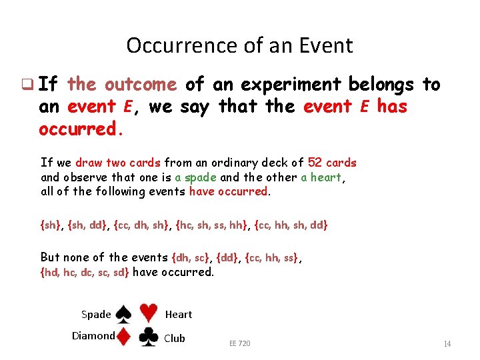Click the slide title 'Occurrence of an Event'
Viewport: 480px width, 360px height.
click(x=239, y=45)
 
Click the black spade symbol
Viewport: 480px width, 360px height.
click(x=123, y=314)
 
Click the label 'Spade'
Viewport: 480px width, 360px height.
click(x=96, y=315)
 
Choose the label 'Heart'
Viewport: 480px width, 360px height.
click(x=178, y=315)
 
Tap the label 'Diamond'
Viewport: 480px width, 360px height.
click(x=93, y=336)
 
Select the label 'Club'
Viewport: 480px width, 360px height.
click(x=175, y=339)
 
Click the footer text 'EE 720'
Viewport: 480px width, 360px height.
click(x=240, y=343)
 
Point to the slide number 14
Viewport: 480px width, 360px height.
click(x=447, y=344)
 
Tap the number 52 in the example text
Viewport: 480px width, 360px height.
click(x=315, y=163)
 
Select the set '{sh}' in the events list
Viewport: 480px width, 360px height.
click(x=51, y=225)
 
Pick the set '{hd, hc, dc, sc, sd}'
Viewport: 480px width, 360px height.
click(x=85, y=272)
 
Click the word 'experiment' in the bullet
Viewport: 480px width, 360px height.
click(x=289, y=85)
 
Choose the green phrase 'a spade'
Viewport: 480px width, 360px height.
click(x=196, y=177)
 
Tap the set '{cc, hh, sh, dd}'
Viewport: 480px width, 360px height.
click(x=291, y=225)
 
